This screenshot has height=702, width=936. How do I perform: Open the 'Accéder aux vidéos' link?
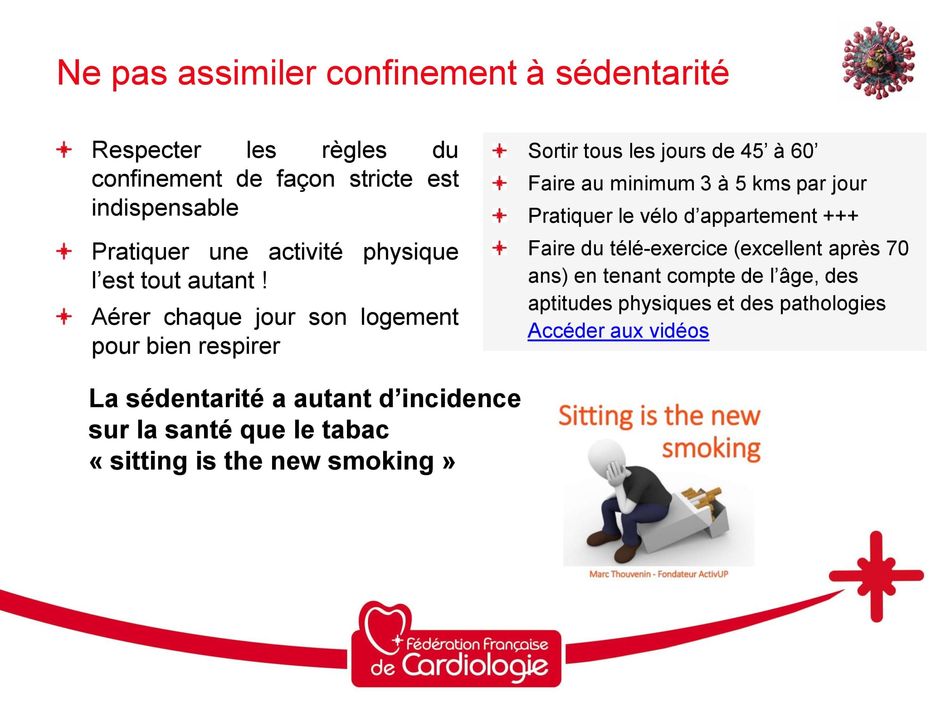point(618,331)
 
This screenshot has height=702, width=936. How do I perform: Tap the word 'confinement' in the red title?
point(421,73)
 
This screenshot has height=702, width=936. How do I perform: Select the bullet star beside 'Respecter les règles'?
point(64,150)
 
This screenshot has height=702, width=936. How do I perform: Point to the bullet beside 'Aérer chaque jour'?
point(64,317)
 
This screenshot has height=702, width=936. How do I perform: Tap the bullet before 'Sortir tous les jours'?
point(499,151)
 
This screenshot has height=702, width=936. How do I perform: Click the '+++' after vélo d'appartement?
point(840,216)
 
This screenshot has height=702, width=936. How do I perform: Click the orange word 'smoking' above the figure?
point(711,449)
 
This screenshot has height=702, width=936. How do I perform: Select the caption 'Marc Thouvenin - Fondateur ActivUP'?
point(659,574)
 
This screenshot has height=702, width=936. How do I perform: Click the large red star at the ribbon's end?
point(876,576)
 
